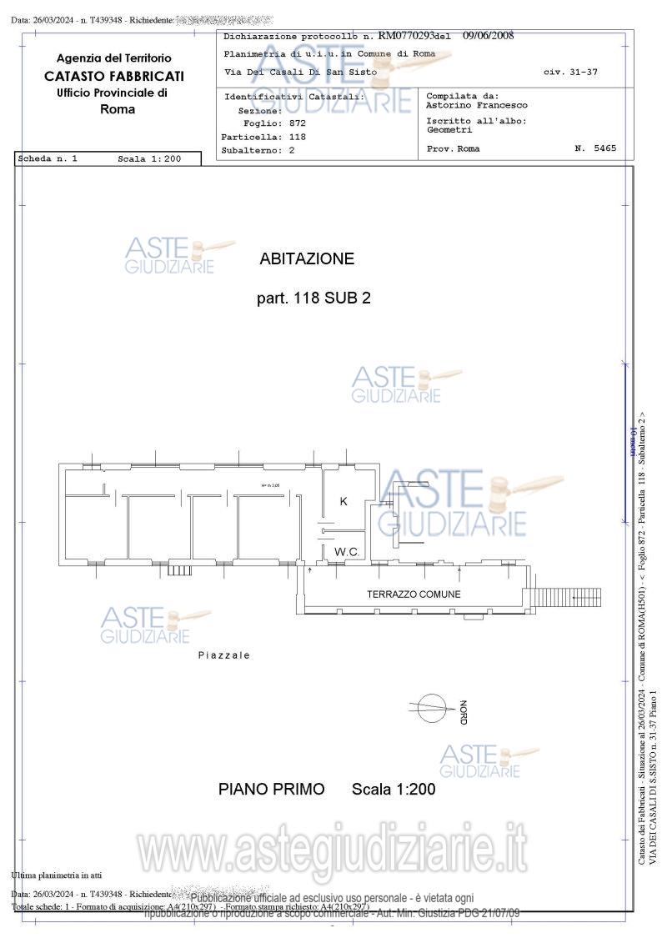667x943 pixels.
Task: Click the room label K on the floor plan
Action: pyautogui.click(x=344, y=501)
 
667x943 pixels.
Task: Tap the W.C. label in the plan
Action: pyautogui.click(x=347, y=552)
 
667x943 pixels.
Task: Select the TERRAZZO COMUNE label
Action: pyautogui.click(x=414, y=594)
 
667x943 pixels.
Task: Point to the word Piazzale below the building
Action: pyautogui.click(x=223, y=655)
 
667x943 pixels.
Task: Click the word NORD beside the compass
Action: pyautogui.click(x=463, y=711)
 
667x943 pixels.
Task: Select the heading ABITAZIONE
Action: pyautogui.click(x=307, y=258)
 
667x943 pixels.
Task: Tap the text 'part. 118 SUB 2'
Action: pyautogui.click(x=313, y=298)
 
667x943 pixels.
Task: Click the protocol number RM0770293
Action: pyautogui.click(x=408, y=36)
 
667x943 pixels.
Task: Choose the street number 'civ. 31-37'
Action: pyautogui.click(x=570, y=73)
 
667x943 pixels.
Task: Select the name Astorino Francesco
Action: pyautogui.click(x=477, y=106)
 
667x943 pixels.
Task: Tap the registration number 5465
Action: pyautogui.click(x=606, y=148)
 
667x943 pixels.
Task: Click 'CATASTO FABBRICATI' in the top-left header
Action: pyautogui.click(x=114, y=76)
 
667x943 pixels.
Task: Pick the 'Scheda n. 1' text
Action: pyautogui.click(x=48, y=158)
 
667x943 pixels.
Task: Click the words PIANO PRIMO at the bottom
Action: pyautogui.click(x=272, y=789)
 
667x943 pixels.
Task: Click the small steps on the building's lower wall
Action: pyautogui.click(x=179, y=570)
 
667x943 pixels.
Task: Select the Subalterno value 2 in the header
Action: pyautogui.click(x=292, y=151)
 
